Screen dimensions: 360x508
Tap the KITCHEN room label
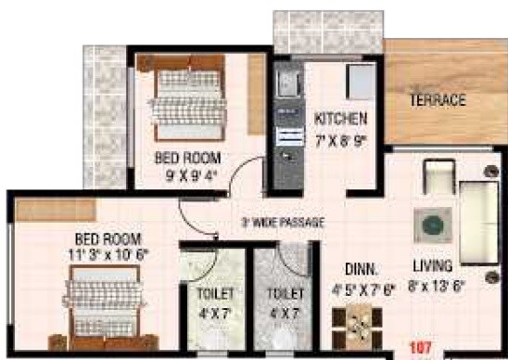pyautogui.click(x=340, y=119)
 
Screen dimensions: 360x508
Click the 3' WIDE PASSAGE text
pyautogui.click(x=282, y=223)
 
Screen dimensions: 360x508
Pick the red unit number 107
pyautogui.click(x=422, y=350)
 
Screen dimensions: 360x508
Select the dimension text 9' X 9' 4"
pyautogui.click(x=188, y=172)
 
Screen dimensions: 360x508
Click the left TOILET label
pyautogui.click(x=215, y=294)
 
